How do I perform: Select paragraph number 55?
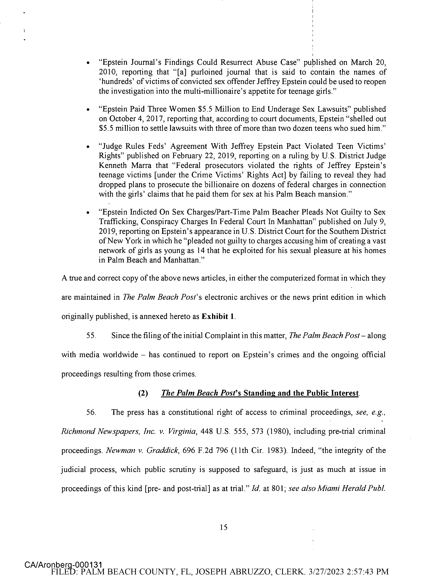tap(91, 336)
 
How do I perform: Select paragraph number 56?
tap(91, 412)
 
